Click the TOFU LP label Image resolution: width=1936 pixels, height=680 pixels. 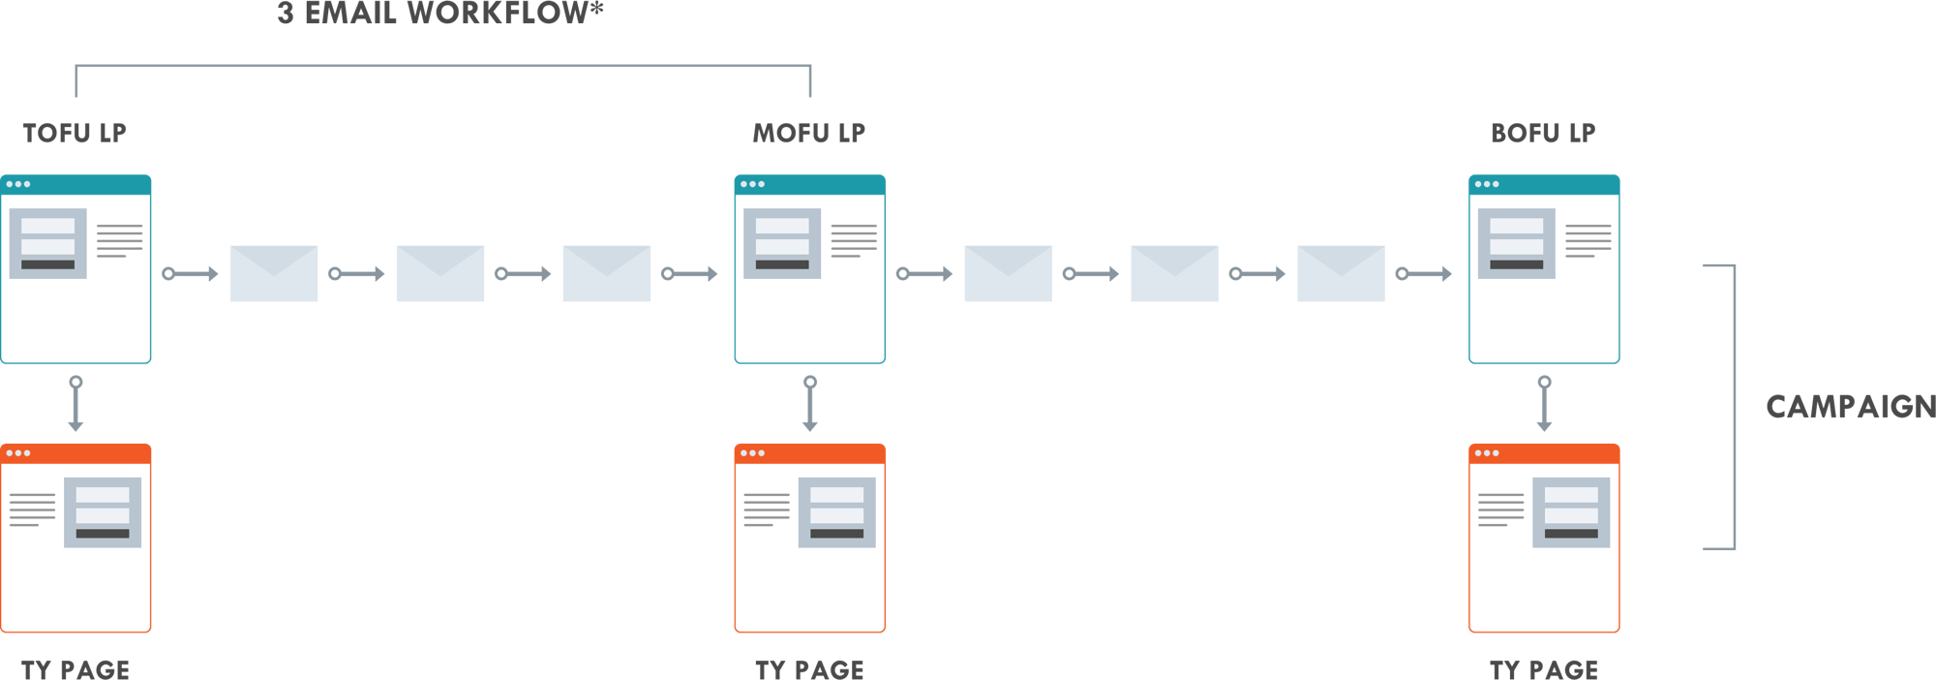pyautogui.click(x=75, y=133)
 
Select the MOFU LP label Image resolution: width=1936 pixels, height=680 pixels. pyautogui.click(x=809, y=133)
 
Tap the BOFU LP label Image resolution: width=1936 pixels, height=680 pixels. pyautogui.click(x=1543, y=133)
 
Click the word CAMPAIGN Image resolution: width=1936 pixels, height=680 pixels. pyautogui.click(x=1850, y=407)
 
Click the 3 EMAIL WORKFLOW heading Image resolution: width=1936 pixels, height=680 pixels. pyautogui.click(x=440, y=14)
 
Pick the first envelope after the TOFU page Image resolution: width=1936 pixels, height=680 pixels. pyautogui.click(x=274, y=274)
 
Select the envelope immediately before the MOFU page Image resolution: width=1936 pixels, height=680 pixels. pyautogui.click(x=607, y=274)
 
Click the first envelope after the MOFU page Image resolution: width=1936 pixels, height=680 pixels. pyautogui.click(x=1008, y=274)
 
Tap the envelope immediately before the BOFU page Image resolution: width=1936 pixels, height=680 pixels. pyautogui.click(x=1341, y=274)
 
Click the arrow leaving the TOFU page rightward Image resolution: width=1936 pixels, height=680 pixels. pyautogui.click(x=191, y=274)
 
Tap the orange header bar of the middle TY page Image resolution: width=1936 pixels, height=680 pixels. pyautogui.click(x=809, y=453)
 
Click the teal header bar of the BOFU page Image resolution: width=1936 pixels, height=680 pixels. pyautogui.click(x=1544, y=184)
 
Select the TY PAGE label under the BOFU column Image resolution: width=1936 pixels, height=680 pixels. pyautogui.click(x=1544, y=668)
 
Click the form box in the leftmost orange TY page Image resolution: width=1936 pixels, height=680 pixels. pyautogui.click(x=103, y=512)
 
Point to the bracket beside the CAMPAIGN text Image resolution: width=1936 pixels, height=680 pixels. pyautogui.click(x=1732, y=407)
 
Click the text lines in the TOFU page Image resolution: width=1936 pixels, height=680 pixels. pyautogui.click(x=119, y=240)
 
